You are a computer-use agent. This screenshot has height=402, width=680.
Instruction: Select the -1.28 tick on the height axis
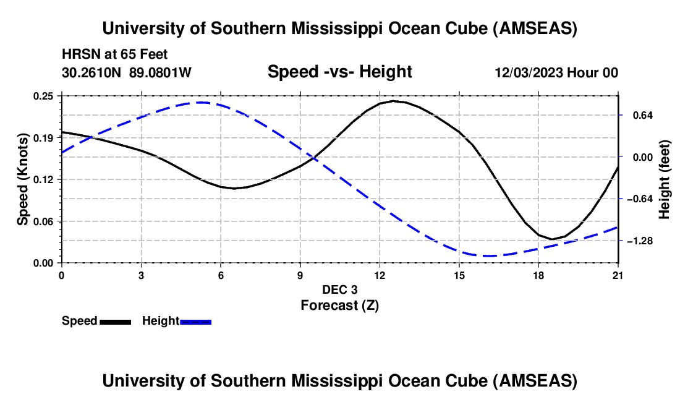pyautogui.click(x=639, y=241)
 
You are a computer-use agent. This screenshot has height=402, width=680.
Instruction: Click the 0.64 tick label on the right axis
pyautogui.click(x=639, y=116)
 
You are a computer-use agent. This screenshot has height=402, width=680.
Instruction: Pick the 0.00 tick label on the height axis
pyautogui.click(x=639, y=157)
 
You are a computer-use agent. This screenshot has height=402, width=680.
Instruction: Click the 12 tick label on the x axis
pyautogui.click(x=380, y=275)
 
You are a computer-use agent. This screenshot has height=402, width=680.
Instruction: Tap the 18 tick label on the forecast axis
pyautogui.click(x=539, y=275)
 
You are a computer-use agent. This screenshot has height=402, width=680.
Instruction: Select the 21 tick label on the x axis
pyautogui.click(x=618, y=275)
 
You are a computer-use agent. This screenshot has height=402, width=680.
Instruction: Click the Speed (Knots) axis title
pyautogui.click(x=23, y=179)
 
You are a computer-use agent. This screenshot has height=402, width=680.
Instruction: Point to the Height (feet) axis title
pyautogui.click(x=665, y=179)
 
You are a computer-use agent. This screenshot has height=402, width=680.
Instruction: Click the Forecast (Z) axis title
pyautogui.click(x=339, y=305)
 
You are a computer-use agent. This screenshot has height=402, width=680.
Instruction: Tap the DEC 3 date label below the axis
pyautogui.click(x=339, y=289)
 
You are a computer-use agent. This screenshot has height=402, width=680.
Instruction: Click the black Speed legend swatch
pyautogui.click(x=115, y=322)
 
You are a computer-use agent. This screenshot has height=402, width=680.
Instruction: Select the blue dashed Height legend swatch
pyautogui.click(x=196, y=322)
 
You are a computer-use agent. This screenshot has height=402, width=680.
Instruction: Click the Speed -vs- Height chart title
pyautogui.click(x=339, y=72)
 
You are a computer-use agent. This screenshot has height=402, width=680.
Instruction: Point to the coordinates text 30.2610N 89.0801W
pyautogui.click(x=127, y=72)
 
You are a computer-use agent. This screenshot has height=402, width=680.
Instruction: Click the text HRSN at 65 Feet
pyautogui.click(x=114, y=55)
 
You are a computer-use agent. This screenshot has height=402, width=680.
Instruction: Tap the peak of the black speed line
pyautogui.click(x=393, y=100)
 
